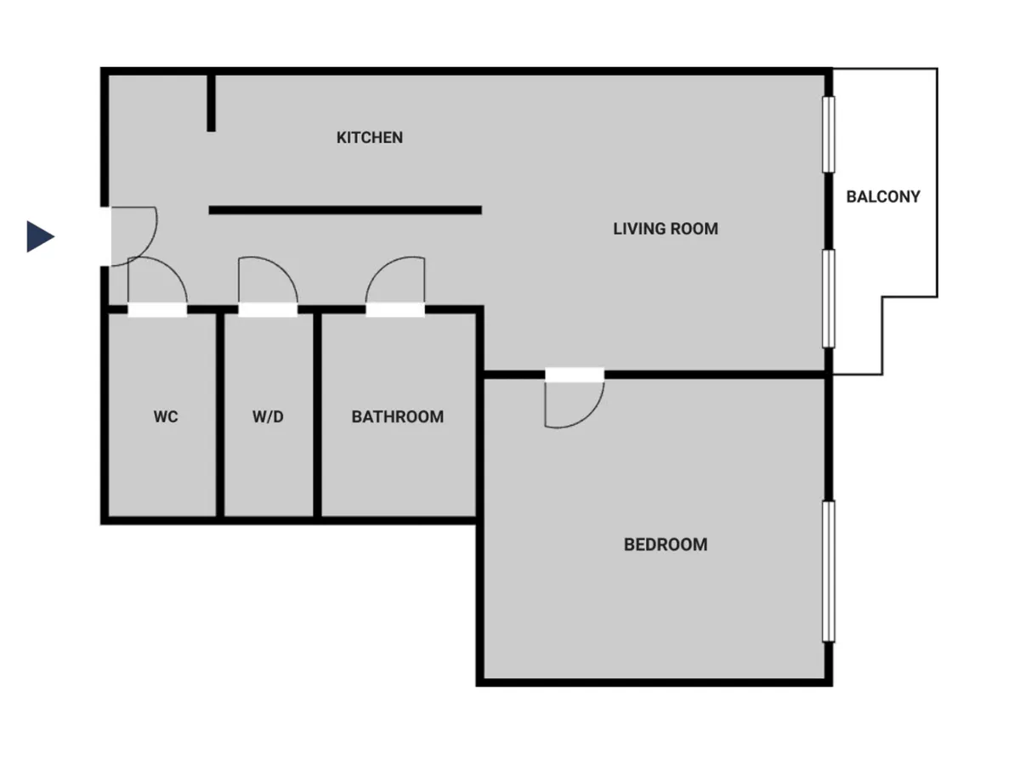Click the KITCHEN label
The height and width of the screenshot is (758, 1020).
point(369,138)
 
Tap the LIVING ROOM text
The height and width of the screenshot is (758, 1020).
point(666,229)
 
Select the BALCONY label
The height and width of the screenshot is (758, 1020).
point(883,197)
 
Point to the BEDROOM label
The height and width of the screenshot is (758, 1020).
point(666,545)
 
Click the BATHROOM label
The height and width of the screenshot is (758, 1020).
point(397,416)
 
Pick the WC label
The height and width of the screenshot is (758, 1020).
point(166,416)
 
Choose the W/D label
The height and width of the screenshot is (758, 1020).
point(268,416)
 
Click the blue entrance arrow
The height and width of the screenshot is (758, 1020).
point(41,237)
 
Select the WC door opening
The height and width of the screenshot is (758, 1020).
point(157,310)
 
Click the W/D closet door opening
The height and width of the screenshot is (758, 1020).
point(268,310)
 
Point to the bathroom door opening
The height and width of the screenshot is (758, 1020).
point(395,310)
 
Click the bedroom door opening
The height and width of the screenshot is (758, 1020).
point(575,375)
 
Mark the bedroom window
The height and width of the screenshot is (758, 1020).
point(828,571)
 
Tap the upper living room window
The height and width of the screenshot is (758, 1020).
point(828,134)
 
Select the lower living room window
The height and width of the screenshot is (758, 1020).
point(828,299)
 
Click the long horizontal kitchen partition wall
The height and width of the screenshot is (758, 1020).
point(345,210)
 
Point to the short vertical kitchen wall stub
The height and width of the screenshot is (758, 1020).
point(211,103)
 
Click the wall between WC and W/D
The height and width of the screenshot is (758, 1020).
point(220,415)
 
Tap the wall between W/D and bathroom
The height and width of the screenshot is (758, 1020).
point(317,415)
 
